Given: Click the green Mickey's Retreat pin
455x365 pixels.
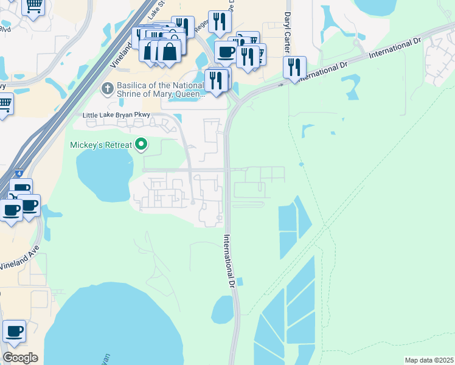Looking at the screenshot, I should tap(142, 144).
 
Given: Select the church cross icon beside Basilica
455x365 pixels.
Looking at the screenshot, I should tap(107, 88).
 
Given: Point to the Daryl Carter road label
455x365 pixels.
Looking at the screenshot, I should tap(288, 24).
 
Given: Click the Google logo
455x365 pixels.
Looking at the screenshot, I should tap(20, 357).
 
